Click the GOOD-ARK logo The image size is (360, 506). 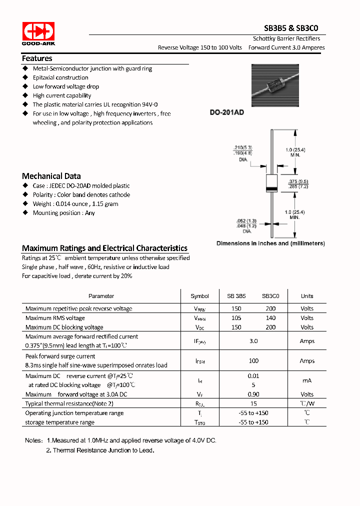(38, 33)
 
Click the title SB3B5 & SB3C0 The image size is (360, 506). (291, 28)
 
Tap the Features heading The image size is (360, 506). (37, 58)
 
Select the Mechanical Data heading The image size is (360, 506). (51, 176)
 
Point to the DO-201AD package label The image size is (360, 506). (226, 113)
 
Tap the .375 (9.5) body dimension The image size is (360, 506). (298, 182)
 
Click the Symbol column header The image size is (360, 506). (199, 296)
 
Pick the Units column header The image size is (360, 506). (307, 296)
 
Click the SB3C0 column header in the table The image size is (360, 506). (270, 296)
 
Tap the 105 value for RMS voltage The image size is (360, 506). (236, 318)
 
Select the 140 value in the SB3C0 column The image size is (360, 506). (270, 318)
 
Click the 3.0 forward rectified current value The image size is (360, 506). (253, 341)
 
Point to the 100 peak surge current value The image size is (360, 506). (253, 360)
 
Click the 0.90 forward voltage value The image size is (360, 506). (253, 394)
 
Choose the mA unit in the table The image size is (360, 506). (307, 380)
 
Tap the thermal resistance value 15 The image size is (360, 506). (253, 403)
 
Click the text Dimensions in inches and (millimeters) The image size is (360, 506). (270, 243)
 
